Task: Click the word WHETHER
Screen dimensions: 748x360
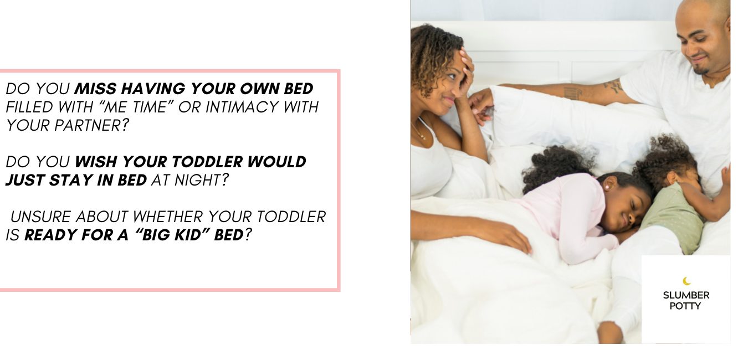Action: tap(167, 217)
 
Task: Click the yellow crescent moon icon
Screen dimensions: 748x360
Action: tap(686, 281)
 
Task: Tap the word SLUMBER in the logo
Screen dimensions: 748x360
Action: tap(686, 295)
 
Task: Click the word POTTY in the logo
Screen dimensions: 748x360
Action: tap(685, 306)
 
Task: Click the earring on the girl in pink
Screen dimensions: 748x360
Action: tap(606, 187)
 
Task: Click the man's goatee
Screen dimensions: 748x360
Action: tap(701, 71)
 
